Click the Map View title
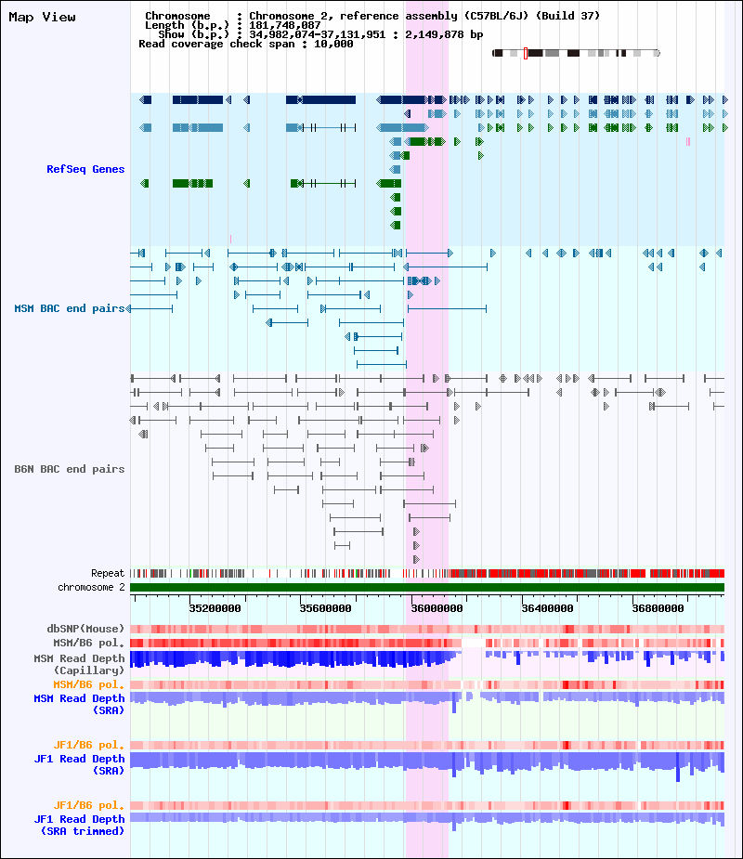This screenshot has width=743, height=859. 43,18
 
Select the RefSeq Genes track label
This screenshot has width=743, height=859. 85,169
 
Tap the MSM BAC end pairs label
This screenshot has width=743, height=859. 69,308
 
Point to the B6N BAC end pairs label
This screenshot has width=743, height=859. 69,469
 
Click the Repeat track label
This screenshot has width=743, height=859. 108,573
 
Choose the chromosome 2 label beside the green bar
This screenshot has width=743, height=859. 91,587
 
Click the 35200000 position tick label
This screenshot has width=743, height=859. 215,609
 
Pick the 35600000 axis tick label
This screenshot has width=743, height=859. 324,609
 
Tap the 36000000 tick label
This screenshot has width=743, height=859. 435,609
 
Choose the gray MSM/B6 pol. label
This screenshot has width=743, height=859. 88,642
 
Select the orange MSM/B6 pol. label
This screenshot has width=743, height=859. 88,684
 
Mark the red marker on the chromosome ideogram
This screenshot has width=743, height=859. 526,53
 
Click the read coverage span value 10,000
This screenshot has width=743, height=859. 333,44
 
